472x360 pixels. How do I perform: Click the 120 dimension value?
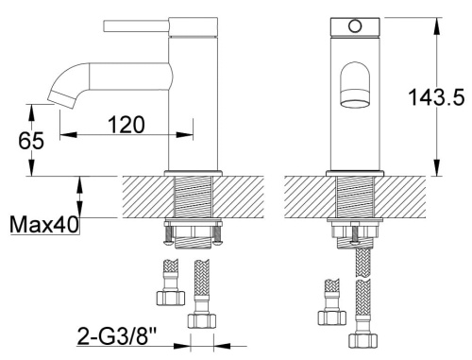tap(125, 125)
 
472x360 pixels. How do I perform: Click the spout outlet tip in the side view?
tap(58, 95)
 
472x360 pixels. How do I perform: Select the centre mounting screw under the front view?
tap(355, 236)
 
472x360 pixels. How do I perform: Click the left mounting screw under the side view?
tap(168, 231)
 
